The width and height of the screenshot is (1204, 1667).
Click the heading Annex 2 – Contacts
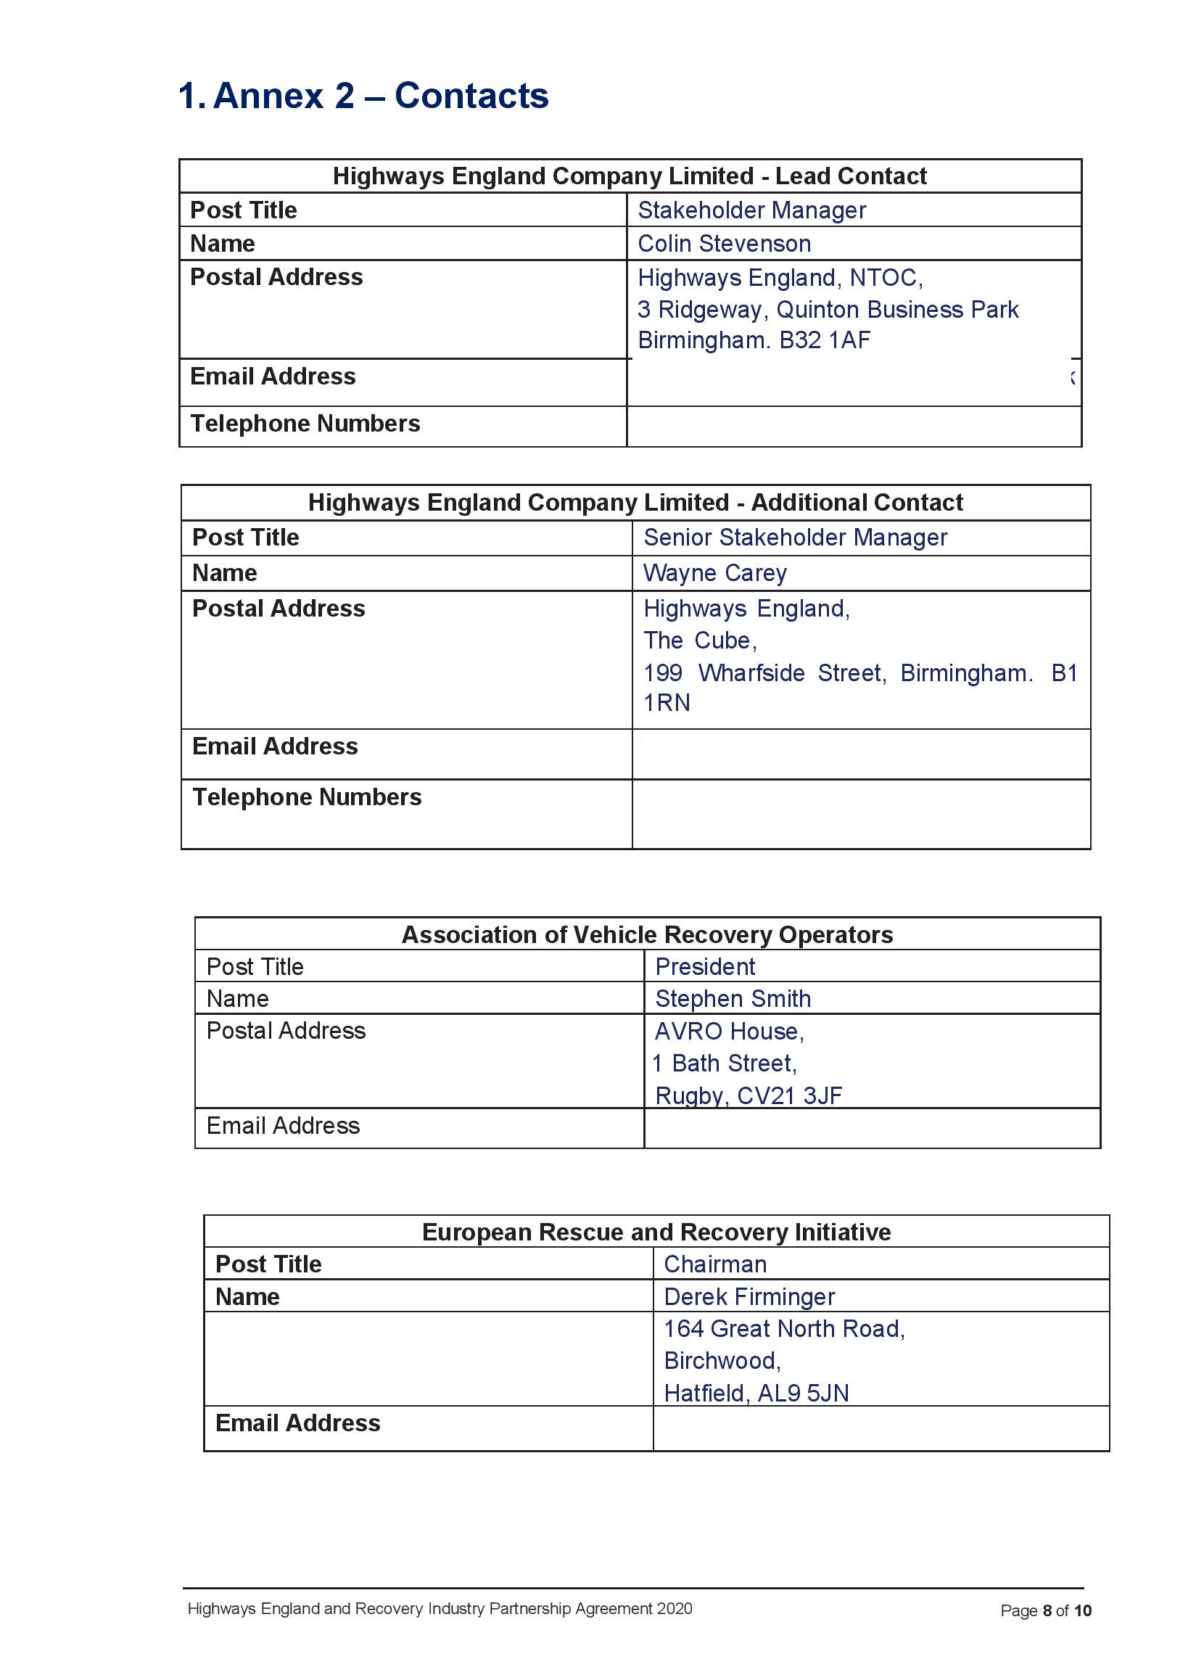pos(363,96)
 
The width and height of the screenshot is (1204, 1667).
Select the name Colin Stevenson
pos(723,244)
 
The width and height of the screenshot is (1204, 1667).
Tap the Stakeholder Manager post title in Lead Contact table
pos(751,210)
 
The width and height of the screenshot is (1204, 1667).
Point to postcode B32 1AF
pos(824,340)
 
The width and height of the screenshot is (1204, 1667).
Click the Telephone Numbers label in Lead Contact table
pos(305,424)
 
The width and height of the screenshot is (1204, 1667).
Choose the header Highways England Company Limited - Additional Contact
pos(635,503)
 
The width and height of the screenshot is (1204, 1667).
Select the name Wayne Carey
pos(714,573)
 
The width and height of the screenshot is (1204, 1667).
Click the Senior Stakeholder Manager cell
pos(795,538)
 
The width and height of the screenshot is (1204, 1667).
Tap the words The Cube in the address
pos(699,641)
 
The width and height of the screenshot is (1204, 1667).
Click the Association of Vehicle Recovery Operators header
pos(647,935)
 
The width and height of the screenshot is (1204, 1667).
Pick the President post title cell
pos(705,967)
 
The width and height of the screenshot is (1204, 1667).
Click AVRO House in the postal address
pos(728,1032)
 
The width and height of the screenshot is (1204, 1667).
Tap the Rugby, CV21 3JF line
pos(748,1096)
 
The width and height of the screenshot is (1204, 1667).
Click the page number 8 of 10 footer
pos(1045,1611)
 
